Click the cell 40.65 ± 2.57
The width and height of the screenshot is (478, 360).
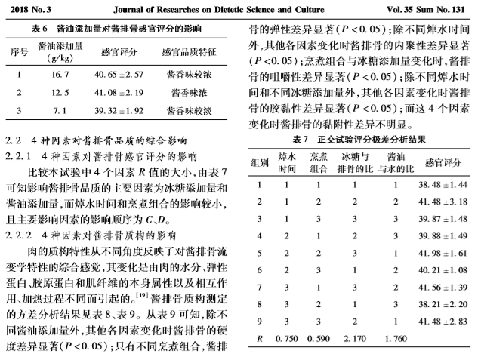tap(118, 75)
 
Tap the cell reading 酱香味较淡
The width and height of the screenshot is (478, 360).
tap(190, 111)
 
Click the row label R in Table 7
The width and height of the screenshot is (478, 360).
tap(259, 337)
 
